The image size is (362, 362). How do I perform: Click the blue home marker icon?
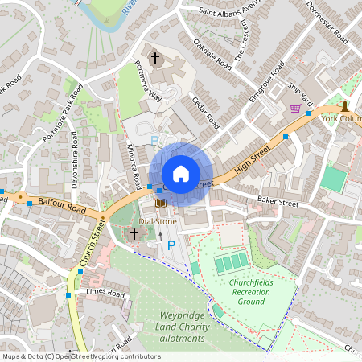click(181, 173)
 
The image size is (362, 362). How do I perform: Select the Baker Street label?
click(278, 201)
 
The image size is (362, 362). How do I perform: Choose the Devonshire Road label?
click(73, 159)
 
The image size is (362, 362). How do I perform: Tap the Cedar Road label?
click(206, 112)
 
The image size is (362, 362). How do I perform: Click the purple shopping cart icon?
click(295, 108)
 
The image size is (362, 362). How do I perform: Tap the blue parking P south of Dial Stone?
click(171, 243)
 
